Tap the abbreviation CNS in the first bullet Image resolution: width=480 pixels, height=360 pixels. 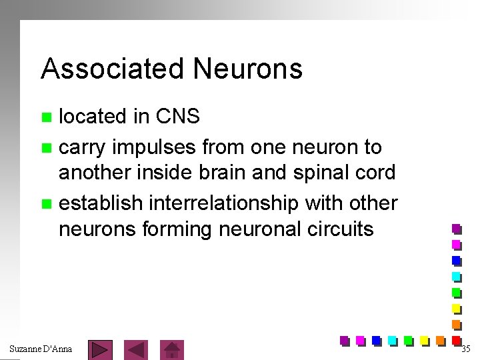(177, 117)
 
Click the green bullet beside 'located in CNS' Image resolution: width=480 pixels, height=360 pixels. (46, 117)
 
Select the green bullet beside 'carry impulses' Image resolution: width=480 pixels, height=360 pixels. (46, 147)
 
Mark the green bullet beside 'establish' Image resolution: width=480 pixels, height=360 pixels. (46, 203)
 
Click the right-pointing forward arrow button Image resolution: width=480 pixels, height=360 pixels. (100, 349)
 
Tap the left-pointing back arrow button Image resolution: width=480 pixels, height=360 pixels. (137, 349)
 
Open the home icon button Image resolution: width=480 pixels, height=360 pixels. (173, 349)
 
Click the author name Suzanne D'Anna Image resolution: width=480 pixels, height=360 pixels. (41, 349)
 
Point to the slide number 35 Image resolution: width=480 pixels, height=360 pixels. (465, 349)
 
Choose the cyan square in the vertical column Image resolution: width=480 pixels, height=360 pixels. (457, 277)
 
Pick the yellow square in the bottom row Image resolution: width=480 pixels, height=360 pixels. (424, 341)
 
